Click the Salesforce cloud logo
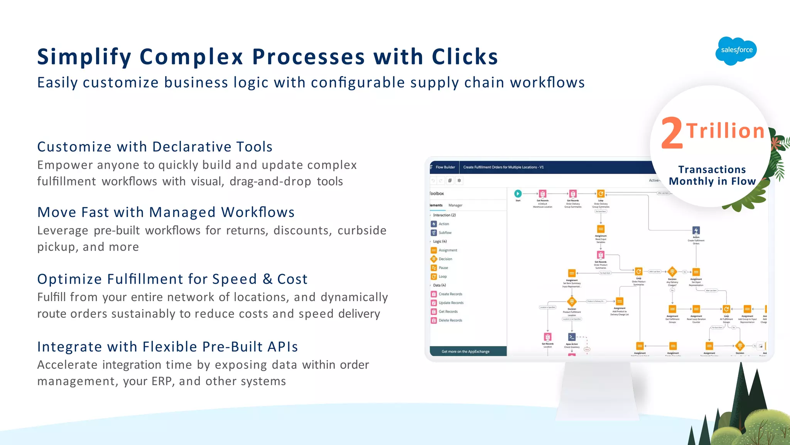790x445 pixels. click(736, 51)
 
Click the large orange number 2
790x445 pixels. click(672, 134)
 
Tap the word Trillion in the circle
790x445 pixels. click(725, 131)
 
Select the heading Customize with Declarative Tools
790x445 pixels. click(155, 147)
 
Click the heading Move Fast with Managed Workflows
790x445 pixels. click(166, 212)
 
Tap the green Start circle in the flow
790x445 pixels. click(518, 194)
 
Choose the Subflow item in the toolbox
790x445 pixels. click(445, 233)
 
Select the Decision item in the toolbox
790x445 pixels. click(445, 259)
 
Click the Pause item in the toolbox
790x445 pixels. click(443, 268)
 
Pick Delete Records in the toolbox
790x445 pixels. click(450, 320)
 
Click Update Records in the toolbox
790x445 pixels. click(451, 303)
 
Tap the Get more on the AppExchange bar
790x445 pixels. click(466, 352)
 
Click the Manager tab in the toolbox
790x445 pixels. click(455, 205)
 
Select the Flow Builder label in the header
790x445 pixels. click(445, 167)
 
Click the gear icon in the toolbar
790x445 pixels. click(459, 181)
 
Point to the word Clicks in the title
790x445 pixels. click(465, 57)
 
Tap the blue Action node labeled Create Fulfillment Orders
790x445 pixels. click(696, 230)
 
